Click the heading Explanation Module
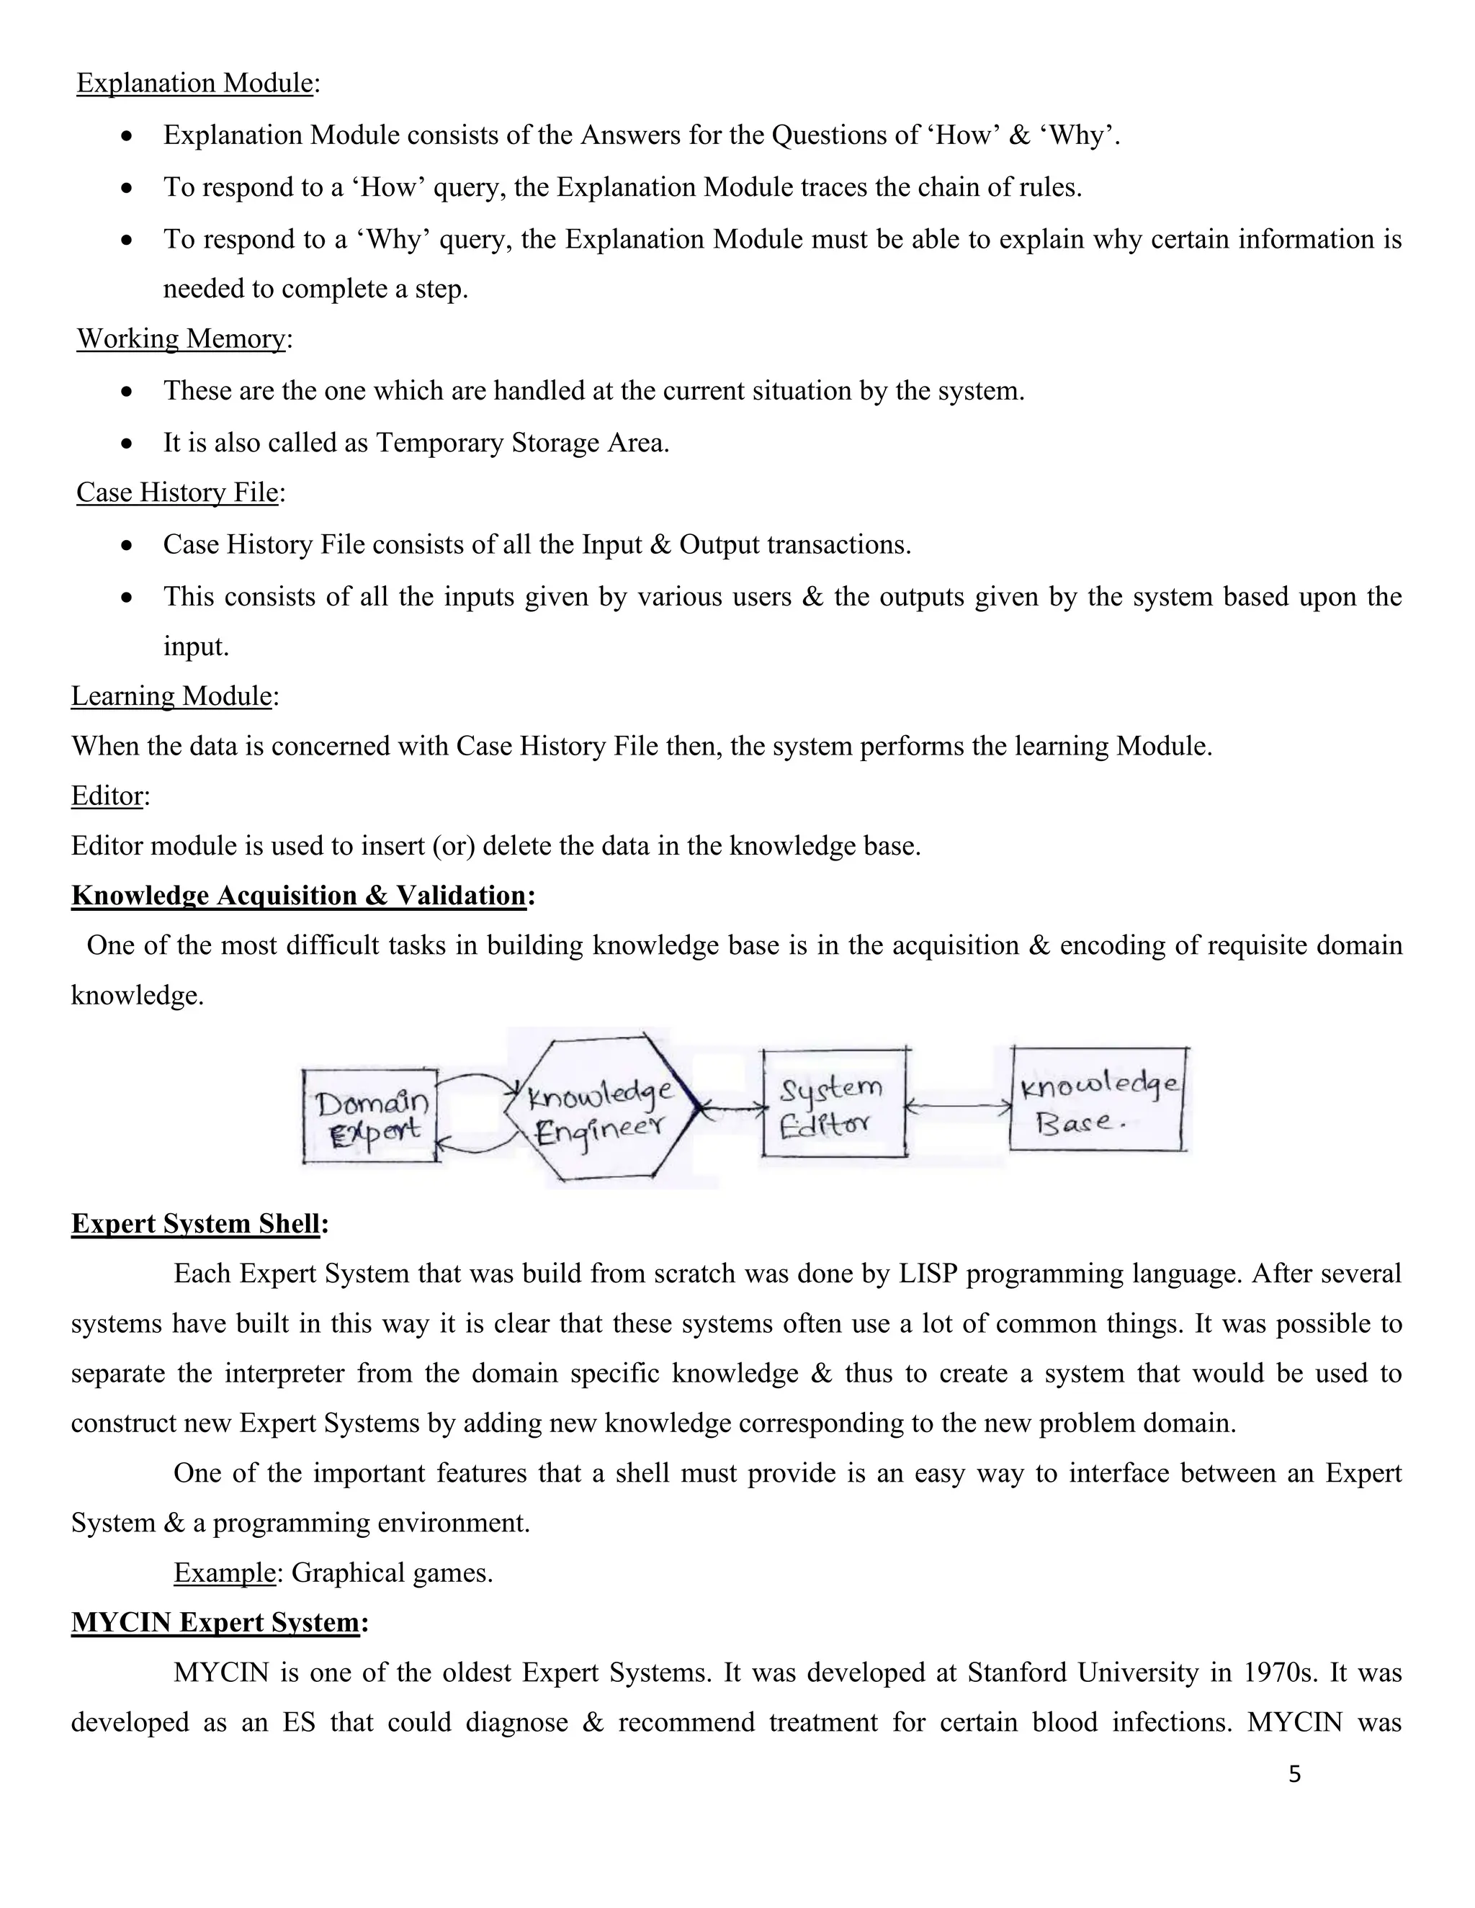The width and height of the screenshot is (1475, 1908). tap(194, 83)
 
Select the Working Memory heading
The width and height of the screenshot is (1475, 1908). tap(181, 339)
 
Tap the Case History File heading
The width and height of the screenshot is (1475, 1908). tap(176, 492)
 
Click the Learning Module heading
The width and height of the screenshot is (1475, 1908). tap(171, 696)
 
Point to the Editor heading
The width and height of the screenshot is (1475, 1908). tap(107, 796)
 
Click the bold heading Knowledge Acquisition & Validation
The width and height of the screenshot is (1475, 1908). tap(298, 896)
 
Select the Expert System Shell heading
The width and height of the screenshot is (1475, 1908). tap(195, 1224)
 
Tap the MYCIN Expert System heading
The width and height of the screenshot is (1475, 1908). tap(215, 1623)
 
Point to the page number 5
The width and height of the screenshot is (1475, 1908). tap(1294, 1774)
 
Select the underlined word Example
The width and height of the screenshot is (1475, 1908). tap(225, 1573)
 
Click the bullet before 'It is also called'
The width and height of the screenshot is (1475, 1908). tap(127, 444)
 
